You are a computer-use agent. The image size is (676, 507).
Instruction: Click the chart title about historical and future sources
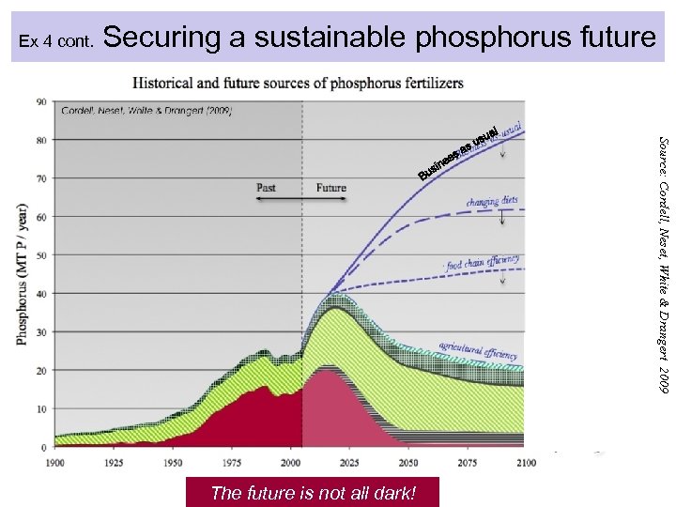tap(298, 83)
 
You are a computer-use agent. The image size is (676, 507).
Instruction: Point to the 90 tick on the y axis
tap(41, 101)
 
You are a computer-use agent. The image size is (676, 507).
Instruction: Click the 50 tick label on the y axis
tap(41, 254)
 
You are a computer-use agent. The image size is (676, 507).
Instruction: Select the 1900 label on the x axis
tap(55, 463)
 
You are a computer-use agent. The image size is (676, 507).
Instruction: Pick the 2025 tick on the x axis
tap(348, 463)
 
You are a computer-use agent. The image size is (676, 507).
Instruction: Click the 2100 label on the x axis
tap(525, 463)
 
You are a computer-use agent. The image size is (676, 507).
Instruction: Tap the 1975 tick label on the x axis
tap(231, 463)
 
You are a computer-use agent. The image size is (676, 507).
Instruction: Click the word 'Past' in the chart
tap(266, 188)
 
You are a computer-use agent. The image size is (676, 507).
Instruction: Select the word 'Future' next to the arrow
tap(330, 188)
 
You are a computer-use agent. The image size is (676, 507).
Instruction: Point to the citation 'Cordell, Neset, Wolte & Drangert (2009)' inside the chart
tap(146, 110)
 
